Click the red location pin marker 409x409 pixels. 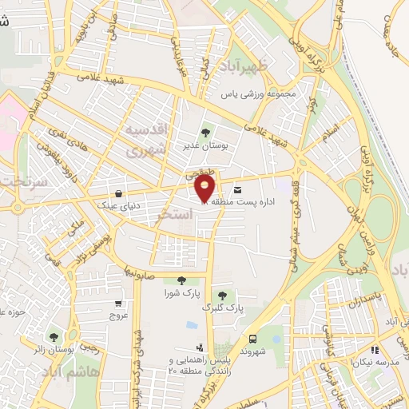click(205, 189)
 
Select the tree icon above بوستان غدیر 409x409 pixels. click(205, 133)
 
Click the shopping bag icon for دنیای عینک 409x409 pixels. click(119, 193)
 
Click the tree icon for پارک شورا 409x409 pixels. click(181, 280)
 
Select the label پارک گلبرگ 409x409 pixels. click(221, 308)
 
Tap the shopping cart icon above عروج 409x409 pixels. click(119, 303)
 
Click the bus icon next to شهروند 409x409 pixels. click(253, 339)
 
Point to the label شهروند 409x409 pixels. click(251, 351)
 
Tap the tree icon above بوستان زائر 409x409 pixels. click(54, 337)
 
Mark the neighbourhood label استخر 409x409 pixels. click(177, 215)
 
